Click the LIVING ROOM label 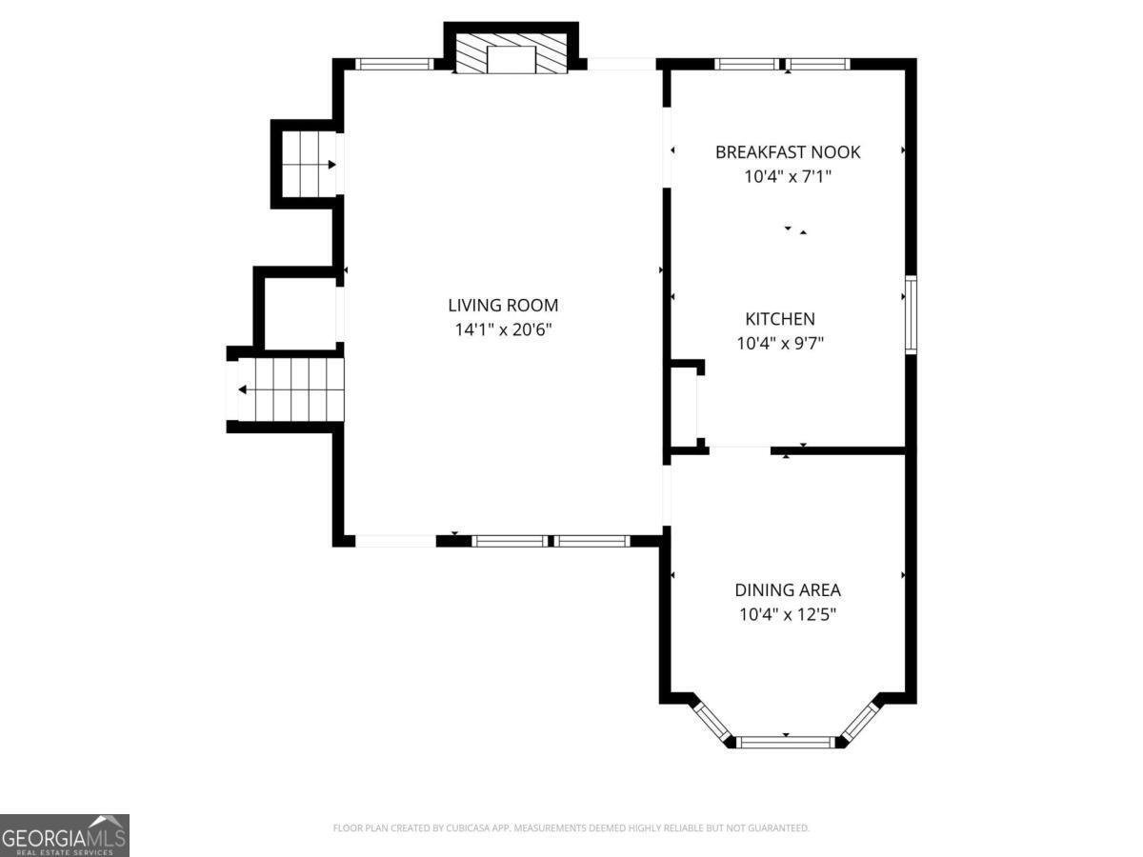click(503, 306)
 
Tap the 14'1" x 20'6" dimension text click(503, 330)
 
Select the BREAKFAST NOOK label click(788, 152)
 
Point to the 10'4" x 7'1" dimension click(788, 176)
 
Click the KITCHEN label click(779, 319)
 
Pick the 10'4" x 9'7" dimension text click(779, 344)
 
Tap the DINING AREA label click(787, 590)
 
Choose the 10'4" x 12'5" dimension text click(787, 615)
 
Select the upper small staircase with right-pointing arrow click(308, 164)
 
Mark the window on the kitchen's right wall click(911, 315)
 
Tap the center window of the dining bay click(787, 741)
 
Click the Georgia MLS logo click(64, 835)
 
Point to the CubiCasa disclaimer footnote click(571, 828)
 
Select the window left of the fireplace click(394, 65)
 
